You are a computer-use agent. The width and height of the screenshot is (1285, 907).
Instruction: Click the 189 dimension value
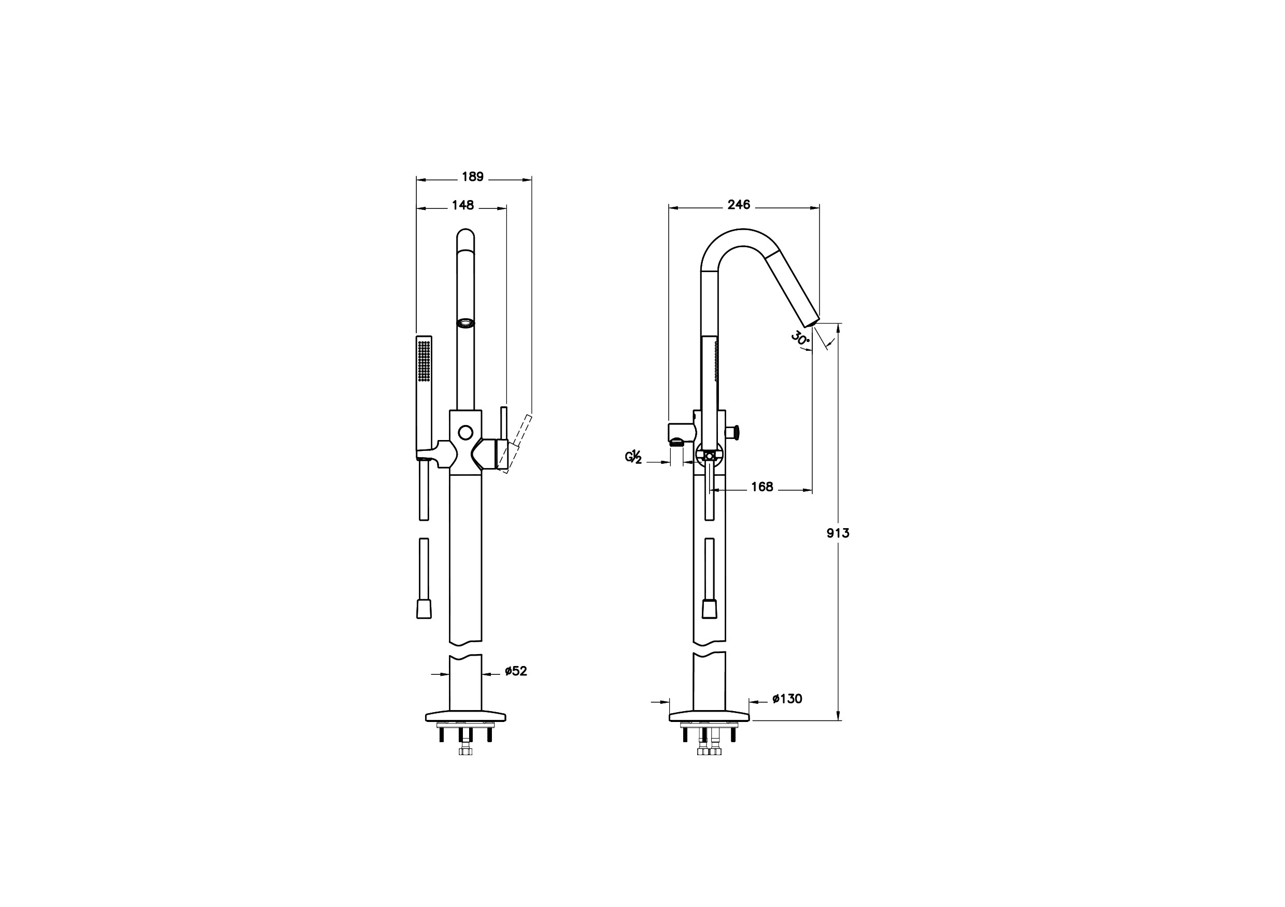472,177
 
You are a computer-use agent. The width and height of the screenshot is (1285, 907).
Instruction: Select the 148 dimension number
463,205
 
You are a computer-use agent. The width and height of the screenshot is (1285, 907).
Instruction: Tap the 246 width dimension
739,205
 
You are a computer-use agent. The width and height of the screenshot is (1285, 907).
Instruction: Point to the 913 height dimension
838,533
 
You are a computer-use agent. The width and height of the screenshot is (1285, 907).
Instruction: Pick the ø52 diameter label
515,671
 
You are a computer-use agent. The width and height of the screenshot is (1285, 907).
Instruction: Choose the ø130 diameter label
787,699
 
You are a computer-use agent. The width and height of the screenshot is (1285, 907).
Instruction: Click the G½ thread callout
633,457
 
